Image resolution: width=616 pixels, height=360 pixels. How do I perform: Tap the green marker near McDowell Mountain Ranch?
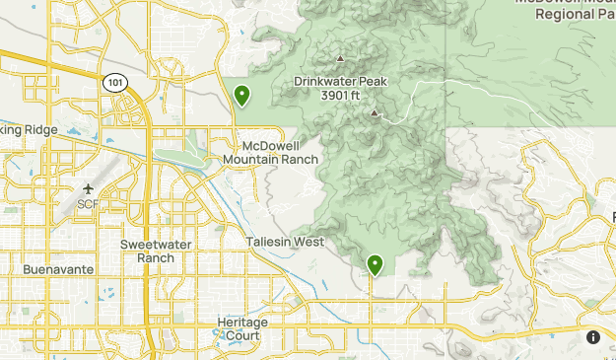coord(241,95)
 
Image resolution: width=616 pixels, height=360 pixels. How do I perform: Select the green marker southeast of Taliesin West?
coord(375,263)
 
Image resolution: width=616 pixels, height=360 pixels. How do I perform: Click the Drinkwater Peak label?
coord(335,82)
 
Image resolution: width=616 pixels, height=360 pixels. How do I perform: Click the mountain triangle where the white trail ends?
coord(374,112)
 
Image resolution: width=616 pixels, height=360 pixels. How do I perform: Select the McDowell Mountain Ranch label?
coord(271,152)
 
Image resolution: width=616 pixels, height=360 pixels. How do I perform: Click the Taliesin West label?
coord(285,242)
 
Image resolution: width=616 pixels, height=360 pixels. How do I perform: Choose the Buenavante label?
coord(58,268)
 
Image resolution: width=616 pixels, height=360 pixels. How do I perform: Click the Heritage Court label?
coord(240,328)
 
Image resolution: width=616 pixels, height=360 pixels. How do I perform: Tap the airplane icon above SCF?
coord(90,188)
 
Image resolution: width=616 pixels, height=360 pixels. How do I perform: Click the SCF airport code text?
coord(90,204)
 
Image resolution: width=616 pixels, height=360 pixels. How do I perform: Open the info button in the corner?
coord(593,337)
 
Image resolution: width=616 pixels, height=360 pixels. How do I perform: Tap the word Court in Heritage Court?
coord(241,335)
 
